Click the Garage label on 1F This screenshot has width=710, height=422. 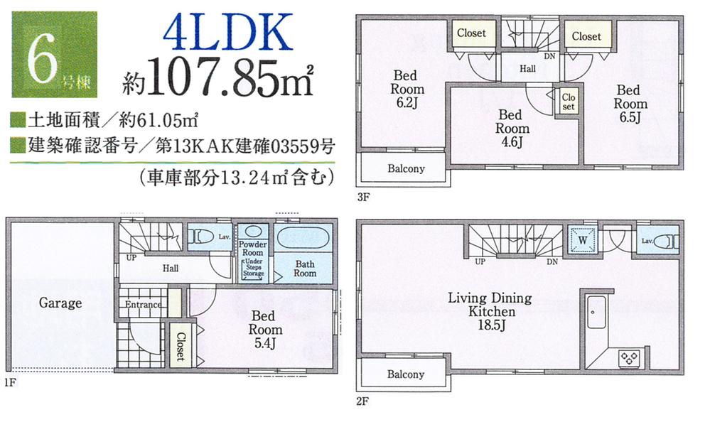[x=60, y=303]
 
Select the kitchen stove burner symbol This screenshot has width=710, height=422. [x=629, y=357]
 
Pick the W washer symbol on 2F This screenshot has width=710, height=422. [x=583, y=241]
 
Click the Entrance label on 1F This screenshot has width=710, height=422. [x=143, y=305]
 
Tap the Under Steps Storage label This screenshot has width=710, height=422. [x=253, y=268]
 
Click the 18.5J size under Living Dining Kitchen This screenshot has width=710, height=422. [x=490, y=326]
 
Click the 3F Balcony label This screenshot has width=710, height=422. [x=406, y=169]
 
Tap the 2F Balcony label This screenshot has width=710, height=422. [x=406, y=374]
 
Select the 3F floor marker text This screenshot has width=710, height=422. [x=363, y=197]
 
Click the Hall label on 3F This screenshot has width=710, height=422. [x=527, y=69]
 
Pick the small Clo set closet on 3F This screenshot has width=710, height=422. [x=568, y=102]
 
